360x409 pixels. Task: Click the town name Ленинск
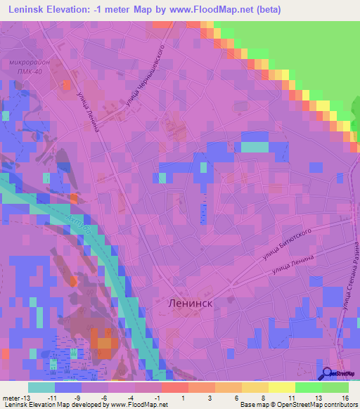click(x=191, y=302)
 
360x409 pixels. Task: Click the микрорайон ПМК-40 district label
click(x=30, y=66)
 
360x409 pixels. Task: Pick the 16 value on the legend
click(x=345, y=397)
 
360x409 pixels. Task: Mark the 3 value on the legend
click(x=203, y=397)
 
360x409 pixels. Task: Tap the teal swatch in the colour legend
click(x=41, y=387)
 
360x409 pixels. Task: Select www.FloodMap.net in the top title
click(x=211, y=9)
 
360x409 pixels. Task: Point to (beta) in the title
click(x=268, y=9)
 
